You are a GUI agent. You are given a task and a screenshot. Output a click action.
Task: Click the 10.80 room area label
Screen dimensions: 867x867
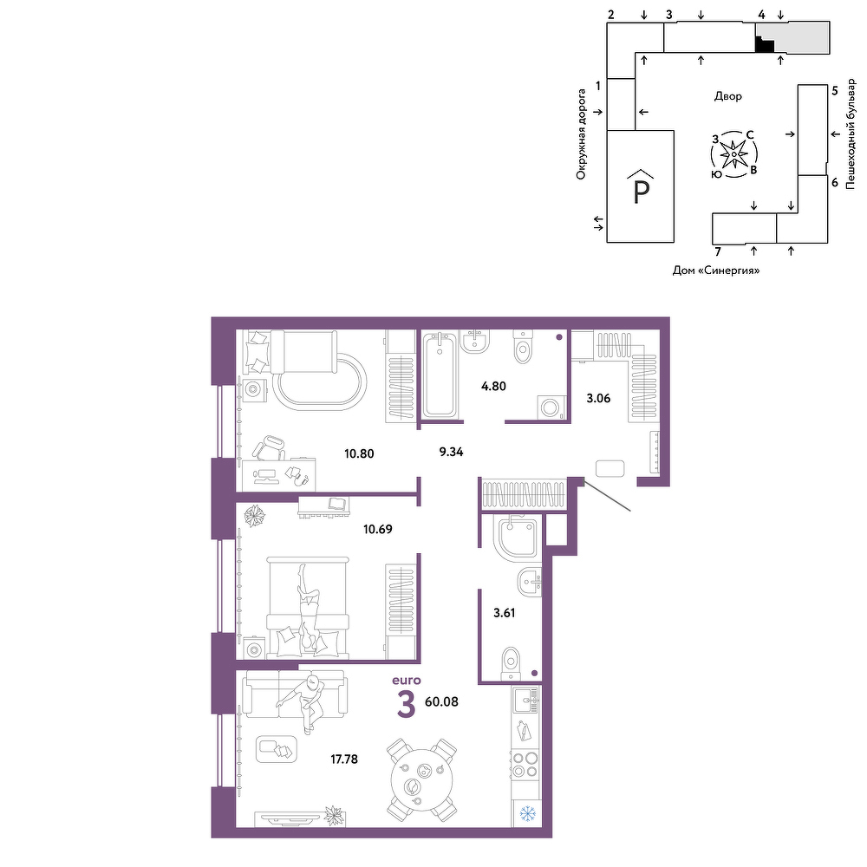click(359, 454)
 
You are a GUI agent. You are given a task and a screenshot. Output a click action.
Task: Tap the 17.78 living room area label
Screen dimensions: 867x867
click(344, 759)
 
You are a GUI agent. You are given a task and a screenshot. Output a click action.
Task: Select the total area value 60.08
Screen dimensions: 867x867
click(441, 701)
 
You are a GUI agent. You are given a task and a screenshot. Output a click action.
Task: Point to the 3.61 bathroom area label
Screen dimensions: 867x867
click(504, 613)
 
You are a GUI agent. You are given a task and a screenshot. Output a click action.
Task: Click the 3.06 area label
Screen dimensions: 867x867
click(598, 398)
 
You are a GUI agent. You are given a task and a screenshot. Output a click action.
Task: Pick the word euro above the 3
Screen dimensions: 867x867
click(407, 681)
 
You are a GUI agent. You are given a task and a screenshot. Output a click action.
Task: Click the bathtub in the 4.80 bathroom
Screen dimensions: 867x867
click(440, 375)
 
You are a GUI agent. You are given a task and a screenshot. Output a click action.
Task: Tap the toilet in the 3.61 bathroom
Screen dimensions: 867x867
click(511, 664)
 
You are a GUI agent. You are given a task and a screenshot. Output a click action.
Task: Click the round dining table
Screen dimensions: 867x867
click(421, 779)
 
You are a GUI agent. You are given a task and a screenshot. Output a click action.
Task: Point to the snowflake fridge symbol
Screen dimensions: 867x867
click(527, 814)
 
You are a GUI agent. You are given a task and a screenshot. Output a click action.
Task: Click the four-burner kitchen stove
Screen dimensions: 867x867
click(525, 766)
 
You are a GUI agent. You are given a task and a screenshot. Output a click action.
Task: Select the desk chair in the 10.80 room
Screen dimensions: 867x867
click(271, 447)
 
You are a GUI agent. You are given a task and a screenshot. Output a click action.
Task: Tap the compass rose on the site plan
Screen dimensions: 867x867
click(733, 154)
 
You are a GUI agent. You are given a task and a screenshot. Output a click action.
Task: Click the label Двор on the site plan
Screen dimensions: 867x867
click(728, 96)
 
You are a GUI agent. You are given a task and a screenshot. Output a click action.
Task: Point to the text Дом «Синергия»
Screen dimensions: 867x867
click(716, 271)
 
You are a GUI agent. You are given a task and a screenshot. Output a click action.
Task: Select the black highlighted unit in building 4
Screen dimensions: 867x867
click(764, 44)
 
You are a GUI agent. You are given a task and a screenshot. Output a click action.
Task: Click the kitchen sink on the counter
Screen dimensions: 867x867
click(525, 701)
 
